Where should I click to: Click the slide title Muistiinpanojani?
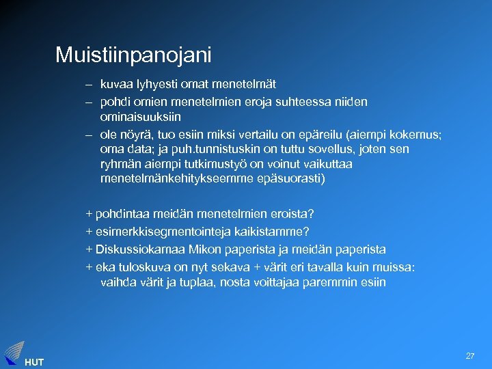click(x=133, y=54)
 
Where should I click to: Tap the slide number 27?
click(x=470, y=356)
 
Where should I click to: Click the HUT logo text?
click(x=33, y=362)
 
